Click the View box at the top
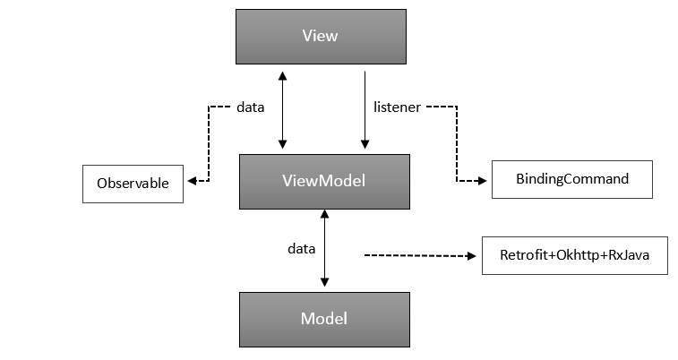click(x=321, y=37)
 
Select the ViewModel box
click(x=323, y=181)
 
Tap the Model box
click(x=323, y=319)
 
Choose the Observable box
click(x=133, y=183)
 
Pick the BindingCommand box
click(x=571, y=179)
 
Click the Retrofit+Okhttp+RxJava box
click(x=574, y=255)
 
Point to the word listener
click(x=397, y=107)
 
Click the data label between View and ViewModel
click(x=250, y=107)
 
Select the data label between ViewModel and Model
click(x=301, y=247)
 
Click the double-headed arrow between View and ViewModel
click(x=283, y=107)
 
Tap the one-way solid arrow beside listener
click(x=365, y=107)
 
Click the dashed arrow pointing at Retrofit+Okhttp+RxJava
click(x=416, y=256)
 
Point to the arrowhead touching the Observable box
click(x=191, y=181)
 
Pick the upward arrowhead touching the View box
click(x=283, y=74)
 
